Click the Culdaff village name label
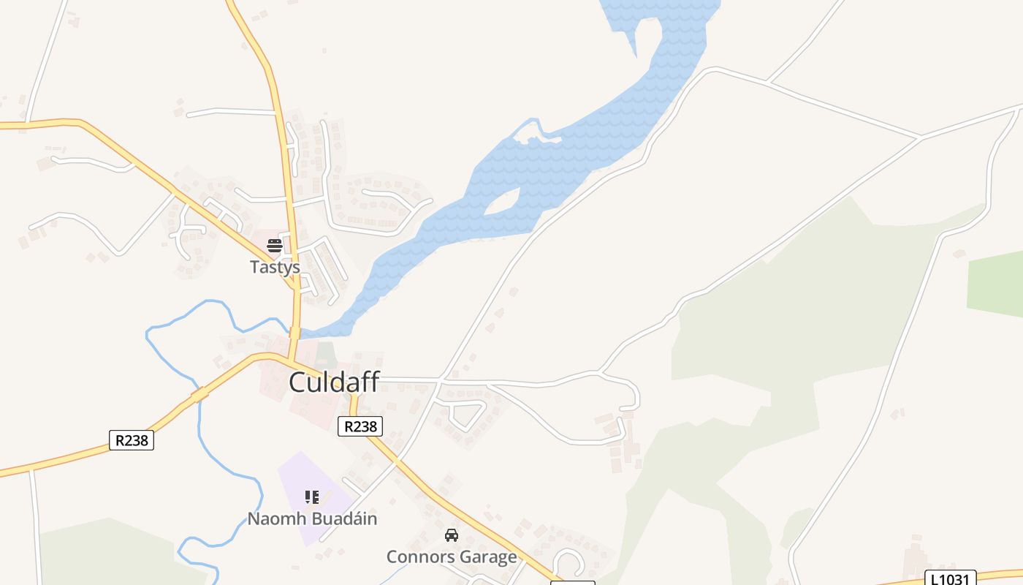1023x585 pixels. click(333, 382)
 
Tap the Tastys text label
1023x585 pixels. click(275, 267)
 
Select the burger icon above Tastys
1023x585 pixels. click(275, 245)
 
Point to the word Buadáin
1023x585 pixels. click(343, 519)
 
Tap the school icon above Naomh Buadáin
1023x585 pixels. click(312, 497)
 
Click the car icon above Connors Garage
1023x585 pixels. click(452, 535)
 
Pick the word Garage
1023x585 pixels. click(486, 557)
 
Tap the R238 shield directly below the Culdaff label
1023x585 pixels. click(360, 426)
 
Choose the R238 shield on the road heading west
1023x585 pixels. click(132, 439)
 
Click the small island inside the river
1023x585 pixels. click(503, 203)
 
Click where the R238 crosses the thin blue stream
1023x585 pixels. click(199, 395)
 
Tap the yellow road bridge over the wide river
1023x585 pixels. click(295, 333)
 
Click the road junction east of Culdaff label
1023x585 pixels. click(441, 380)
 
